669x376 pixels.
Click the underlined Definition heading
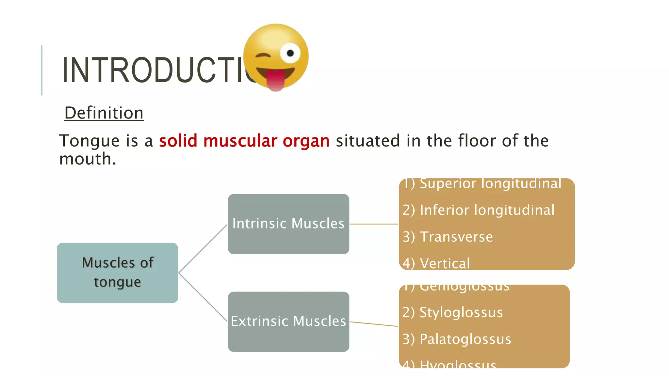point(104,113)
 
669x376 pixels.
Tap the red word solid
point(178,141)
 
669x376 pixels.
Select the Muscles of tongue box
point(117,273)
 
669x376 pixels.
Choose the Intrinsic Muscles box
point(288,224)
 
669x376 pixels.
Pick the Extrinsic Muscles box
point(288,321)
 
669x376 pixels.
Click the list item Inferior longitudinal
point(479,210)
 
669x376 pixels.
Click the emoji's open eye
point(290,53)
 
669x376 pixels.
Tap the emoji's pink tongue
point(275,81)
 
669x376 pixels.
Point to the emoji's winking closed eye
point(263,55)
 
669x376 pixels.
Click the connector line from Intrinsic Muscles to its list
point(374,224)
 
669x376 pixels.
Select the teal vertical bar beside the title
point(42,70)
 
